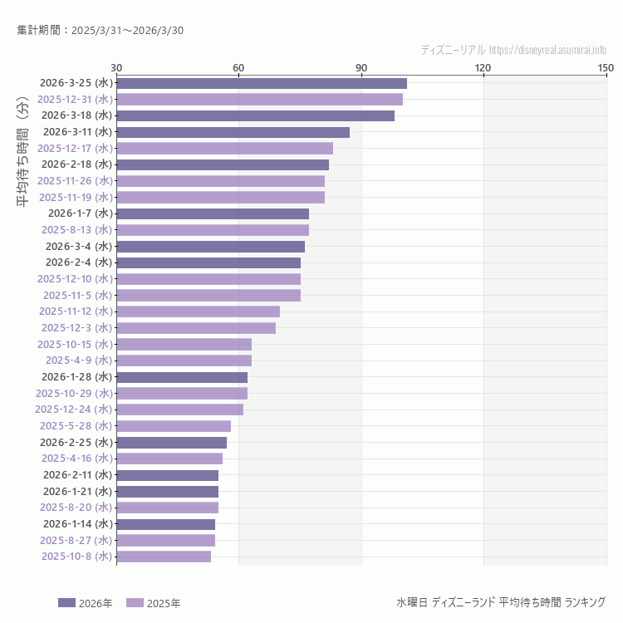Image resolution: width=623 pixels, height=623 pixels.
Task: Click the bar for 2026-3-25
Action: (x=262, y=83)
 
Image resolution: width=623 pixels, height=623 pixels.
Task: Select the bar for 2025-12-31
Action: (x=259, y=99)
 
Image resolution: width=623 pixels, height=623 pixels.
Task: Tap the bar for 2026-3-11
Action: (x=233, y=132)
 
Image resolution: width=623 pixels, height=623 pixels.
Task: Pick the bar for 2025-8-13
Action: (x=213, y=230)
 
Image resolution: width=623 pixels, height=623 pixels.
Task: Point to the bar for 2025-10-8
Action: (x=164, y=557)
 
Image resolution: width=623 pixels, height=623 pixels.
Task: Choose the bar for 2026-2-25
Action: (x=171, y=442)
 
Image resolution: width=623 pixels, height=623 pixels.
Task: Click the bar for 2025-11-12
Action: (x=198, y=311)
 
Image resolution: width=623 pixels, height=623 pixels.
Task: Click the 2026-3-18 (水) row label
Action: (x=76, y=115)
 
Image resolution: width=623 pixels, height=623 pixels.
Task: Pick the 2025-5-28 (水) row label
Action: (x=76, y=425)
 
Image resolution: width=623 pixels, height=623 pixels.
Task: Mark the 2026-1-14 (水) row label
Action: (x=77, y=523)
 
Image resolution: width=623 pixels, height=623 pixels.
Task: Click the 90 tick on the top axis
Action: (x=361, y=67)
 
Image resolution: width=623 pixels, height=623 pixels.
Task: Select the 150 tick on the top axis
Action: (x=606, y=67)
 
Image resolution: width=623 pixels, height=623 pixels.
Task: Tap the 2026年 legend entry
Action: (x=86, y=603)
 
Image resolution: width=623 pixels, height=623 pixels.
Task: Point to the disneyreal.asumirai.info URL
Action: (x=548, y=50)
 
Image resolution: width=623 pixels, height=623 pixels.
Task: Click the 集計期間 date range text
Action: (x=100, y=30)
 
